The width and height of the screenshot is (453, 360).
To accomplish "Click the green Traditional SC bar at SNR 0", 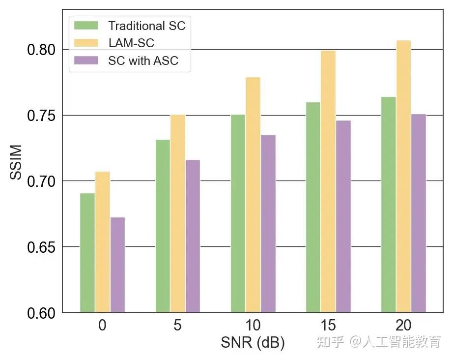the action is (87, 253).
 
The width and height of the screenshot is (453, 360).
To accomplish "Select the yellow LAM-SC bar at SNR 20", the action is (403, 177).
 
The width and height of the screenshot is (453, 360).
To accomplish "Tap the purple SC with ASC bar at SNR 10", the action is (268, 223).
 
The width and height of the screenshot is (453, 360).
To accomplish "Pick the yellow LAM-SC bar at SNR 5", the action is (178, 213).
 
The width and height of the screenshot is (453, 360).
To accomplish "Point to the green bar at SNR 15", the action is (313, 208).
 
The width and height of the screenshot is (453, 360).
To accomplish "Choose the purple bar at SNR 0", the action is (117, 265).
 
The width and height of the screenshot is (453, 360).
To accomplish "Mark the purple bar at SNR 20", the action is (419, 213).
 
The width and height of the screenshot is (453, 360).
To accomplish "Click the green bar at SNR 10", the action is (238, 213).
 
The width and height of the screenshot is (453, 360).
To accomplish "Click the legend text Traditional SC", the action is (147, 26).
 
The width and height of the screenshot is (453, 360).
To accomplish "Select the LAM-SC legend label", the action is (131, 43).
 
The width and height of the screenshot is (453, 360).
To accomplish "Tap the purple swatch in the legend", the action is (86, 60).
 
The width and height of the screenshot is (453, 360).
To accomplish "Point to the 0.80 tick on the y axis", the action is (41, 50).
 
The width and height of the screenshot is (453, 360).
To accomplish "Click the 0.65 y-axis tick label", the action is (41, 247).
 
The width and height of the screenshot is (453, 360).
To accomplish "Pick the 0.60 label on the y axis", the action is (41, 313).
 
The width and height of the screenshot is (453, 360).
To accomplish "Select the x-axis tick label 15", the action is (328, 325).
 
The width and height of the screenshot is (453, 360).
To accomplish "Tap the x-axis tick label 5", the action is (177, 325).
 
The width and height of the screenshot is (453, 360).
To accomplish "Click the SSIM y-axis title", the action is (16, 162).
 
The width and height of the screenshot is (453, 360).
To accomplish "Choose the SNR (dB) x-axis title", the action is (253, 343).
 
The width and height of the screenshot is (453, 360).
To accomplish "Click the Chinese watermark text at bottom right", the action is (379, 342).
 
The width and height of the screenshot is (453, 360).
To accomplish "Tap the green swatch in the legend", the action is (86, 26).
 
